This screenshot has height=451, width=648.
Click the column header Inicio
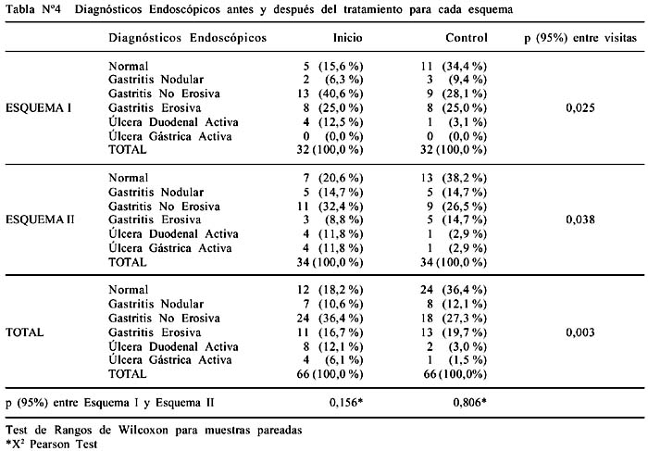347,38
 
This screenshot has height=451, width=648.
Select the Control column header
467,38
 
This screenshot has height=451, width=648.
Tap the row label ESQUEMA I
39,108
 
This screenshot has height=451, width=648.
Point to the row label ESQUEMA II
40,219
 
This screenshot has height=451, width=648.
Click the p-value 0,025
580,108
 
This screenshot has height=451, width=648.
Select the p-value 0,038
580,219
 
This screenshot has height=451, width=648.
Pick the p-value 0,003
580,332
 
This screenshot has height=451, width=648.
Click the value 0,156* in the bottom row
346,402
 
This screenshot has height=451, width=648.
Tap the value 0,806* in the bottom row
470,402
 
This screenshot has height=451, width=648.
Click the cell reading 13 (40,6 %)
330,94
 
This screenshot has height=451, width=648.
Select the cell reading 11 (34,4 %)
454,66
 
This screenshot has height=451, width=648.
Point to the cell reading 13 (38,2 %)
454,178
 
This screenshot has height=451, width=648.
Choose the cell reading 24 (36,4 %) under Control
454,290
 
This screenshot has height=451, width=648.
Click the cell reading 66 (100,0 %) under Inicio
330,374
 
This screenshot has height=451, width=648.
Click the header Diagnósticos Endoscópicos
188,38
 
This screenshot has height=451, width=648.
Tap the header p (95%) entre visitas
580,39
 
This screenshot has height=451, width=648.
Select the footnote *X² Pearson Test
52,445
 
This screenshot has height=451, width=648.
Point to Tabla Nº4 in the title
33,9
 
